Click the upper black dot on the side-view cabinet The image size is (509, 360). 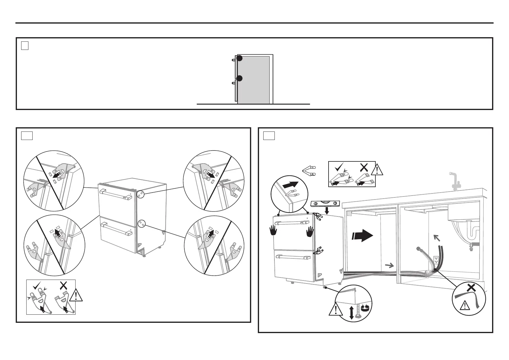coord(239,58)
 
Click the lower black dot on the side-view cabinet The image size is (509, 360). coord(239,79)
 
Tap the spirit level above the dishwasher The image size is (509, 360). coord(326,203)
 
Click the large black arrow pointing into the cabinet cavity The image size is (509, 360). coord(362,235)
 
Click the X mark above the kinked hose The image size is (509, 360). coord(471,288)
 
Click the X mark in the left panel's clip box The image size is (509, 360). coord(63,285)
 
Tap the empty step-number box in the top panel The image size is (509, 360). coord(25,46)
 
